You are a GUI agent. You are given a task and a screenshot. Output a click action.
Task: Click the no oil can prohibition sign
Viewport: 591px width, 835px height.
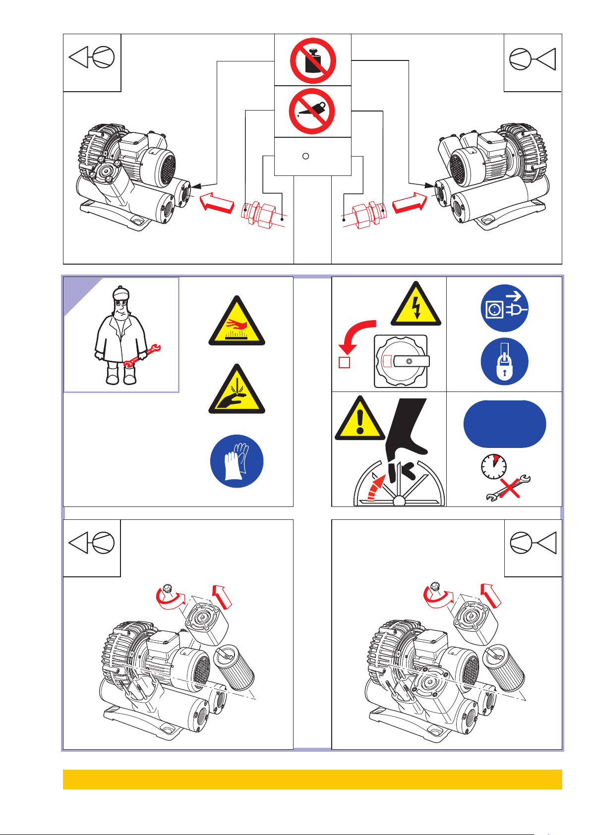pyautogui.click(x=313, y=111)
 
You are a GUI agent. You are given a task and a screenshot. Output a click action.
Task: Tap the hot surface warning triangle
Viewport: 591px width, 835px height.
pyautogui.click(x=236, y=322)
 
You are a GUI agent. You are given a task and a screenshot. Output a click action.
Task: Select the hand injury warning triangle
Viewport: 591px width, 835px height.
pyautogui.click(x=236, y=391)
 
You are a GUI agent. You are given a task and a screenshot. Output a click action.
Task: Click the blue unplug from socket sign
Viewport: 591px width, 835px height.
pyautogui.click(x=504, y=308)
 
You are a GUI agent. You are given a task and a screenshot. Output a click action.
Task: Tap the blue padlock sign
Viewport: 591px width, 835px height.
pyautogui.click(x=504, y=362)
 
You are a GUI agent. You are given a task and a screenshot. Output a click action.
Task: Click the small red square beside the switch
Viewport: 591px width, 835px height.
pyautogui.click(x=344, y=362)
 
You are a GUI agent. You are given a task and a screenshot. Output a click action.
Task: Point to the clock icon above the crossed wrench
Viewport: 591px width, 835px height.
pyautogui.click(x=494, y=467)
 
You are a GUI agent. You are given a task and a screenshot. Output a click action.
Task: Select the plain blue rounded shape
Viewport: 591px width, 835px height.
pyautogui.click(x=505, y=424)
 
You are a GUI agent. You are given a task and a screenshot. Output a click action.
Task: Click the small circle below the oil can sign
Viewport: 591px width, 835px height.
pyautogui.click(x=306, y=156)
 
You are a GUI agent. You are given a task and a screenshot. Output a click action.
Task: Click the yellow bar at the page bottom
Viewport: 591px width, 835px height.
pyautogui.click(x=312, y=779)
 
